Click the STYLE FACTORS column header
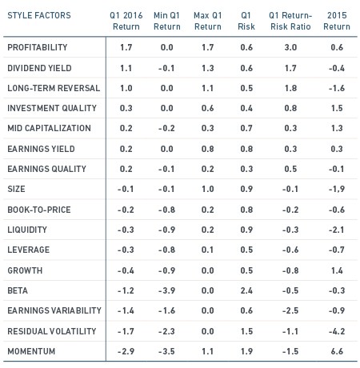point(39,15)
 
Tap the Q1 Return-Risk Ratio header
point(290,21)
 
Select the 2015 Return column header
point(337,21)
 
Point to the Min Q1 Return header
point(167,21)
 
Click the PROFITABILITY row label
point(38,47)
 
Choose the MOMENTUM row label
point(31,351)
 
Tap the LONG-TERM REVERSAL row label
point(54,88)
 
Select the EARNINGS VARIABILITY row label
point(54,310)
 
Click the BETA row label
point(18,290)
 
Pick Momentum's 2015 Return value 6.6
point(337,351)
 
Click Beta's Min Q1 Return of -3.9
point(166,290)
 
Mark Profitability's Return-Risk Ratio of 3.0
point(290,47)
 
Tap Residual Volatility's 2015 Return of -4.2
point(337,331)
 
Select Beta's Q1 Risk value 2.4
point(246,290)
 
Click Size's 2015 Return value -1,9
point(337,189)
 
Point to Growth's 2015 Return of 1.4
point(337,270)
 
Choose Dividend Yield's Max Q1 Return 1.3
point(208,68)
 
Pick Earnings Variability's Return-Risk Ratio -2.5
point(290,310)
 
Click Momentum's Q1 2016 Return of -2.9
point(126,351)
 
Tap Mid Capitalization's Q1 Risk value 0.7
point(246,128)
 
